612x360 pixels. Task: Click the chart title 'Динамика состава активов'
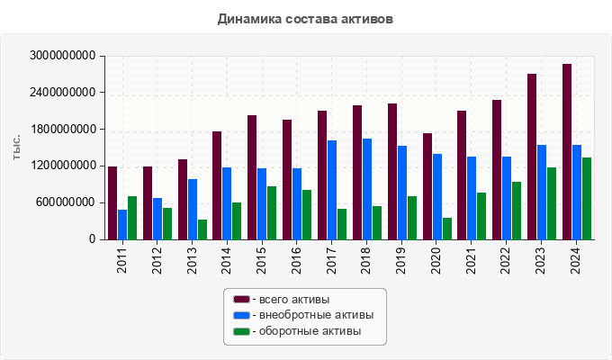(x=305, y=18)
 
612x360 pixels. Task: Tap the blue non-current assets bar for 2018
(x=367, y=189)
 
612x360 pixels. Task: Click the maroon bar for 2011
(x=112, y=202)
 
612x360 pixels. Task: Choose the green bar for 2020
(x=447, y=229)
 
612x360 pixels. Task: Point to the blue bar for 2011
(x=122, y=224)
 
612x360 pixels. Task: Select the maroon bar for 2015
(x=252, y=177)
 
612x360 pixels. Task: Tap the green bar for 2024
(x=587, y=198)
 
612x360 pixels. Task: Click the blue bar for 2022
(x=507, y=198)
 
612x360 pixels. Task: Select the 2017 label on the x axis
(x=332, y=260)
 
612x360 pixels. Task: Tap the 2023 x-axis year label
(x=542, y=260)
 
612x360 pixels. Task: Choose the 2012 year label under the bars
(x=157, y=260)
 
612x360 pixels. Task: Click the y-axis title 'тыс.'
(x=17, y=148)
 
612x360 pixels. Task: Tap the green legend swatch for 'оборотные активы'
(x=241, y=332)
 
